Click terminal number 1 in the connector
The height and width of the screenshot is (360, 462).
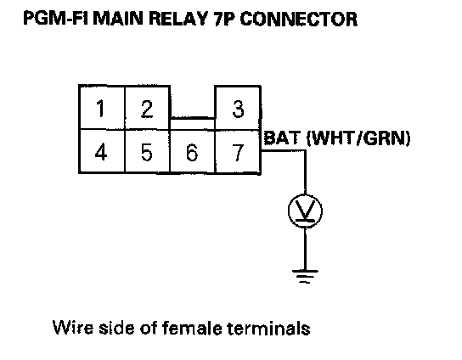[x=102, y=107]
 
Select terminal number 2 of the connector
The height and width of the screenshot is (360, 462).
[x=147, y=107]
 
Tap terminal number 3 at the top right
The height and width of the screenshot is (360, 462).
[x=238, y=107]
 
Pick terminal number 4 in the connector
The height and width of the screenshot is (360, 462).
[x=102, y=151]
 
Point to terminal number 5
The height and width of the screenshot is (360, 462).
[x=147, y=151]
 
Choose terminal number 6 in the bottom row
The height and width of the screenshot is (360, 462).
[x=193, y=151]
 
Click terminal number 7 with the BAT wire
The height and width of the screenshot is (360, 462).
[x=238, y=151]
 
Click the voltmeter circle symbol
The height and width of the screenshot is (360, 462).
[x=305, y=211]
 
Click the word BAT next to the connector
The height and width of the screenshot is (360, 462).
[x=282, y=138]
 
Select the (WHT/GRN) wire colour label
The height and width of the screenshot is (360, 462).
[x=358, y=138]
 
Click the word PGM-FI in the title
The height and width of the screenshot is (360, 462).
[x=56, y=19]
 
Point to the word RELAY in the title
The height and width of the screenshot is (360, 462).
[x=178, y=19]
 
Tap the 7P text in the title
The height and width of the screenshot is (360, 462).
[x=224, y=19]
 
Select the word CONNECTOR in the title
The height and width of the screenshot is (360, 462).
[x=299, y=19]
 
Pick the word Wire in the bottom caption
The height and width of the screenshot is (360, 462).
[x=73, y=327]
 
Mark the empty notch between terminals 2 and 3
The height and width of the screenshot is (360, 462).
[x=193, y=102]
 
